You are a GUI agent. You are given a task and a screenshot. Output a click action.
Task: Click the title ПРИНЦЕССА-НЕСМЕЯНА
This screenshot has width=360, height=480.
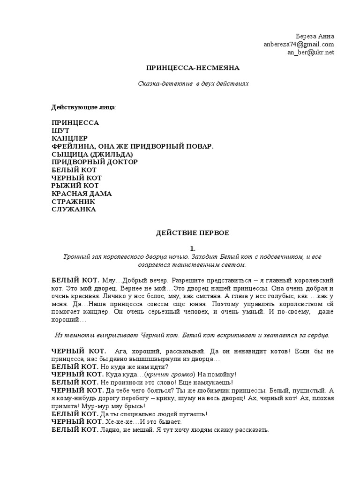tap(193, 68)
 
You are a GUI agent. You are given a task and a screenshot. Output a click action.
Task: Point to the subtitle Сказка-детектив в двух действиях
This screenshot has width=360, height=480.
tap(193, 83)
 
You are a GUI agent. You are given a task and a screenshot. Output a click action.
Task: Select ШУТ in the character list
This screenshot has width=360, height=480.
tap(60, 130)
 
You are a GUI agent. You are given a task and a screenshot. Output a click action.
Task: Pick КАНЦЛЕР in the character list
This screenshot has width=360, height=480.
tap(69, 138)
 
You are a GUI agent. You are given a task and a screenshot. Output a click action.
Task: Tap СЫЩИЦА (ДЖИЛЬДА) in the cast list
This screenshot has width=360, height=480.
tap(92, 154)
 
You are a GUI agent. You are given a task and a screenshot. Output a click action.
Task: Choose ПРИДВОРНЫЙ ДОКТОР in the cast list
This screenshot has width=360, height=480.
tap(95, 162)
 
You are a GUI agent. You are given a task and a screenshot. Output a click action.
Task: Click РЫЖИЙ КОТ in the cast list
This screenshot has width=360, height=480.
tap(75, 186)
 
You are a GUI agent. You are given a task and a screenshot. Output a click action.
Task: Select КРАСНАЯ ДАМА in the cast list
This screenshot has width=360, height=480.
tap(82, 194)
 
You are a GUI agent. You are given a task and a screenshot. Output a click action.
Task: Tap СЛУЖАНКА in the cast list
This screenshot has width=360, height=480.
tap(74, 210)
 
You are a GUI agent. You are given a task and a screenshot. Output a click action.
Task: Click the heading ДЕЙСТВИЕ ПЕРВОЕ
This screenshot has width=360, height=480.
tap(193, 232)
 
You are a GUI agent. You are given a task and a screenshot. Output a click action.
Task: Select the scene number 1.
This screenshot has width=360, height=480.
tap(193, 248)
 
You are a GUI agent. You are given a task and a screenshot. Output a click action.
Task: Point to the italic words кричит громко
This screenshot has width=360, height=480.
tap(170, 374)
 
